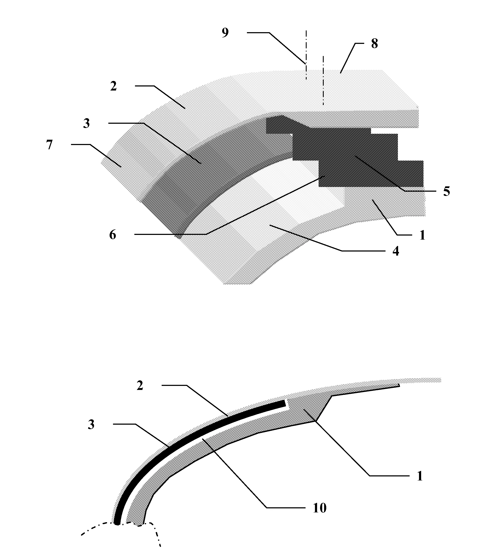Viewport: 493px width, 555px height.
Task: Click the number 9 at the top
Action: (225, 33)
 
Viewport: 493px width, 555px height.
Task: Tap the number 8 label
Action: (374, 44)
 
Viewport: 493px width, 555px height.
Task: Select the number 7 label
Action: (49, 145)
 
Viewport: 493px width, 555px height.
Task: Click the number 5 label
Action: (447, 191)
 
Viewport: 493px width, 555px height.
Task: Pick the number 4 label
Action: (396, 251)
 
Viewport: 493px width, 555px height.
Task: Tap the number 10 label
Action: (319, 508)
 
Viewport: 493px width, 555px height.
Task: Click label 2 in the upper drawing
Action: (113, 86)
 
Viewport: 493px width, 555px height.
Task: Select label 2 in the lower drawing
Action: (140, 385)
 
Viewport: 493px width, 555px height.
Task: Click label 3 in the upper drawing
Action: (87, 124)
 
